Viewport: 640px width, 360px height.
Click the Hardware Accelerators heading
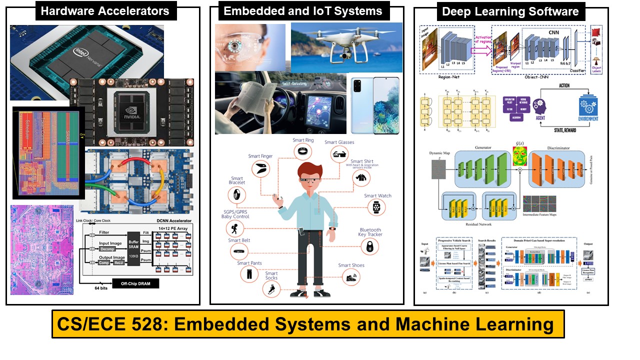[105, 11]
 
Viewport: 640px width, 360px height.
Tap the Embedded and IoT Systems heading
[303, 11]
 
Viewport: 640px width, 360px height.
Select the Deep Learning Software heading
[510, 11]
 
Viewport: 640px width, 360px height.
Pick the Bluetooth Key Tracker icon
[370, 245]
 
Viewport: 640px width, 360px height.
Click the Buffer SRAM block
[132, 244]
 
